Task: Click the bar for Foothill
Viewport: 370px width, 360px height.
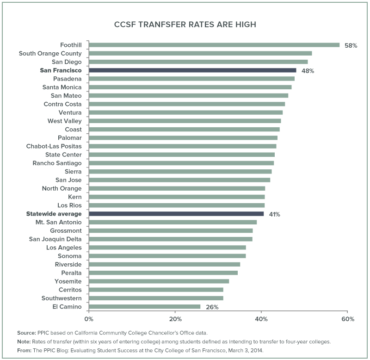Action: tap(214, 45)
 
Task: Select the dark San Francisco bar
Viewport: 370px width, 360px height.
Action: tap(192, 70)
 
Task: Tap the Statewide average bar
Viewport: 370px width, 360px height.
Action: tap(176, 214)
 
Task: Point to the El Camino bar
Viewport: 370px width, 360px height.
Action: tap(144, 306)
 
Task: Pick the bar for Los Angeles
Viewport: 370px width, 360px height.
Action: tap(167, 248)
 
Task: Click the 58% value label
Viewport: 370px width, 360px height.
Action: tap(351, 45)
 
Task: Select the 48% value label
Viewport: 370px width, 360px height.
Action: tap(308, 71)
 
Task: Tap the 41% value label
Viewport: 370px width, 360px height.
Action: tap(275, 214)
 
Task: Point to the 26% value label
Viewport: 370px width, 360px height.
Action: tap(212, 307)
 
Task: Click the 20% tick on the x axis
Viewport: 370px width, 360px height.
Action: tap(175, 319)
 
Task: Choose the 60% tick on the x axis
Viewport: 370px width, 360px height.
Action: tap(348, 319)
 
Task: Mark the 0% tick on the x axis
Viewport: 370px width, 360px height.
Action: tap(89, 319)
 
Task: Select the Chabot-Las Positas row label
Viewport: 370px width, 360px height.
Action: tap(54, 146)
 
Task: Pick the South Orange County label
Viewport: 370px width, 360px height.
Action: tap(50, 53)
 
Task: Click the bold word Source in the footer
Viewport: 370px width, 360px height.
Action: tap(26, 333)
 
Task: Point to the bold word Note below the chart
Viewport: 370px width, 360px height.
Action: tap(24, 341)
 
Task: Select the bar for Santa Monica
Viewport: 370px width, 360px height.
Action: tap(190, 87)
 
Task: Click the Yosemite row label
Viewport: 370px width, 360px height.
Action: tap(68, 281)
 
